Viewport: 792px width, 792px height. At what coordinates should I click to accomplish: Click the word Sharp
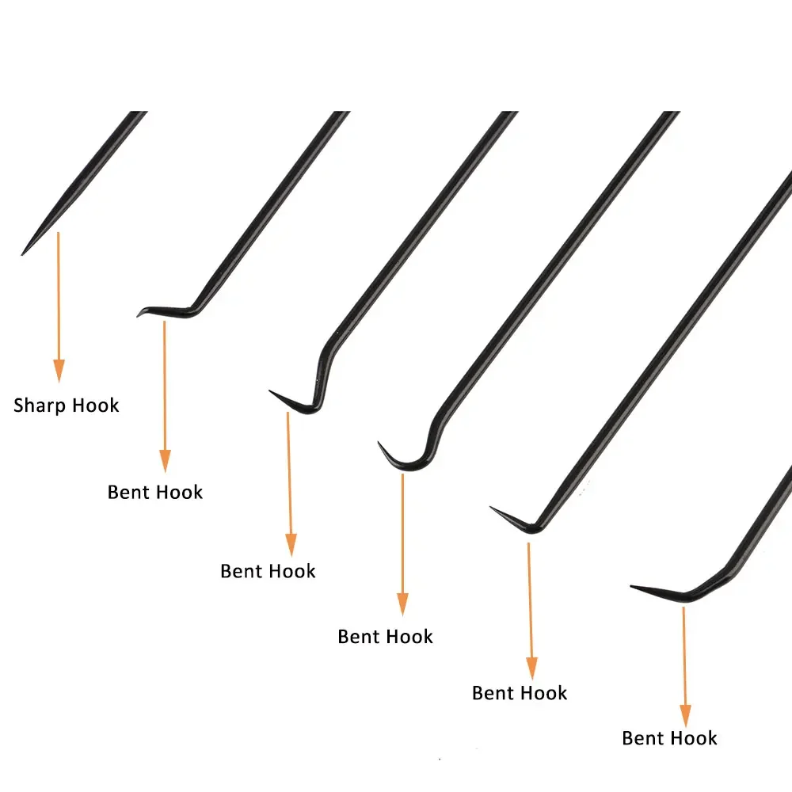(x=40, y=406)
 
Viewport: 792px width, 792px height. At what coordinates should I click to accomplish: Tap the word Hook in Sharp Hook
(x=96, y=405)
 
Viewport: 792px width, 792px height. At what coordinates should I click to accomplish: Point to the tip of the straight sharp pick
(x=21, y=254)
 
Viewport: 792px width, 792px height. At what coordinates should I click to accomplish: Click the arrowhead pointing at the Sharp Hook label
(x=59, y=371)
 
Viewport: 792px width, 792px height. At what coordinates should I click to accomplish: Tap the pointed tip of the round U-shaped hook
(x=379, y=443)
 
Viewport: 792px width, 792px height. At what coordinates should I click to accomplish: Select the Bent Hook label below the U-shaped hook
(x=386, y=637)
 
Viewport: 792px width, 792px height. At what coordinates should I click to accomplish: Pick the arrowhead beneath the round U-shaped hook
(x=402, y=604)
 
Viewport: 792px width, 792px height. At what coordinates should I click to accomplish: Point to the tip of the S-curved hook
(x=270, y=391)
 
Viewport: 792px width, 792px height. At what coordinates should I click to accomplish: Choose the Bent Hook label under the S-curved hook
(x=268, y=571)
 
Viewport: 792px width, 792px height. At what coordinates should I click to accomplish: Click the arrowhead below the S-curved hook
(x=291, y=545)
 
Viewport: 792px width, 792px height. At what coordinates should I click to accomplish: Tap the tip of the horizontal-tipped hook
(x=138, y=316)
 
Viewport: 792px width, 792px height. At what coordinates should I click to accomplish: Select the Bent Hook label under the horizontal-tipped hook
(x=155, y=492)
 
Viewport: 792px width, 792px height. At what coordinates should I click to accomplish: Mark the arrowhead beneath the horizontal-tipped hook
(x=166, y=461)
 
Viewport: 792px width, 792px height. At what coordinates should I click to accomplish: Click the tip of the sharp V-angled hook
(x=491, y=507)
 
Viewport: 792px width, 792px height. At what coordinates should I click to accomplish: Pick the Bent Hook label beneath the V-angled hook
(x=520, y=693)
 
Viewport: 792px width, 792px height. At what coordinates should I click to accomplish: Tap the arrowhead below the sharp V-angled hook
(x=532, y=668)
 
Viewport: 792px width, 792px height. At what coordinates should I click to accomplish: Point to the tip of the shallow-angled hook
(x=631, y=586)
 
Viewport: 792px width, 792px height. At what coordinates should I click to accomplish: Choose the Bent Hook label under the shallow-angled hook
(x=670, y=738)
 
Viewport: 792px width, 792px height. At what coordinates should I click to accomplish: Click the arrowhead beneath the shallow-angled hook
(x=685, y=716)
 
